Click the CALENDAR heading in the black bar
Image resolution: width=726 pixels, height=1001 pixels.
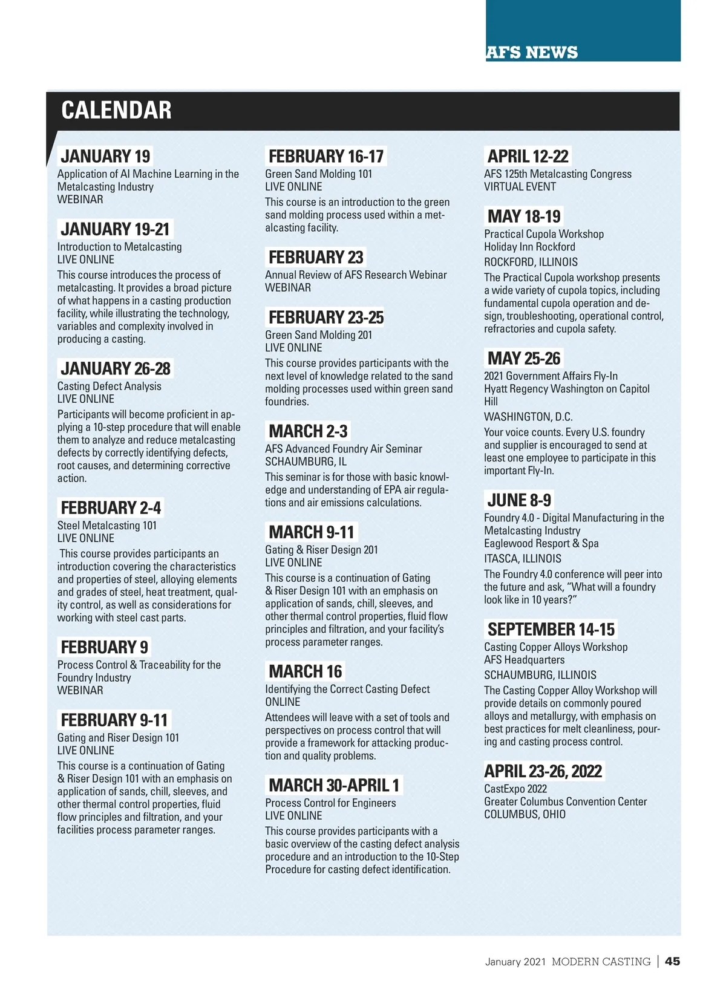[116, 111]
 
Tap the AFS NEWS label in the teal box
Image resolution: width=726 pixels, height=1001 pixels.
[532, 53]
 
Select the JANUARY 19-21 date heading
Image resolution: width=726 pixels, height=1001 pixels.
[115, 229]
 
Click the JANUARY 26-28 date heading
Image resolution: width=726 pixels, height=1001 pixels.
[116, 368]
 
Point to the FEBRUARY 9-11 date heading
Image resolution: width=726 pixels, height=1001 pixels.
[114, 720]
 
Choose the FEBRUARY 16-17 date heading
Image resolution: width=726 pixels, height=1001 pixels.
[326, 157]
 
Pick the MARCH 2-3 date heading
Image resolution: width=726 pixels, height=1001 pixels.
[308, 431]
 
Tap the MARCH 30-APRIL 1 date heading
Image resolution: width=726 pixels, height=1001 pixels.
[334, 785]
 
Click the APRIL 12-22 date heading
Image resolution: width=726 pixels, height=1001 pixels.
[528, 157]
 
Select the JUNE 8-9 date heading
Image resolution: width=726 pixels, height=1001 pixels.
[519, 500]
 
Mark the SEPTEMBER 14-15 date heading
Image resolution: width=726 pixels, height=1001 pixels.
[551, 629]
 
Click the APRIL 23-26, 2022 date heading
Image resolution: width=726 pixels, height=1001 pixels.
[543, 771]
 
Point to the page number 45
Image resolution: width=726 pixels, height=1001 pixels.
[672, 961]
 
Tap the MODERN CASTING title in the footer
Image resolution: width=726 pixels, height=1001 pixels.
[601, 962]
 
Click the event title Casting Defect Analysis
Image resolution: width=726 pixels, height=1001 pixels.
[109, 386]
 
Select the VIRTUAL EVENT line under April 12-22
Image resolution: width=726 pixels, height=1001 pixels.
[520, 187]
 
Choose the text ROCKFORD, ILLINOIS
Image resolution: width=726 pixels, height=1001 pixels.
[531, 262]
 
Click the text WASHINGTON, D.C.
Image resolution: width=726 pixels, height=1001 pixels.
[528, 417]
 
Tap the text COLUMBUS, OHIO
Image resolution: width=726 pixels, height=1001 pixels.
[525, 814]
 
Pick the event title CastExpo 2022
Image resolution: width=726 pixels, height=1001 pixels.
[515, 789]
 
